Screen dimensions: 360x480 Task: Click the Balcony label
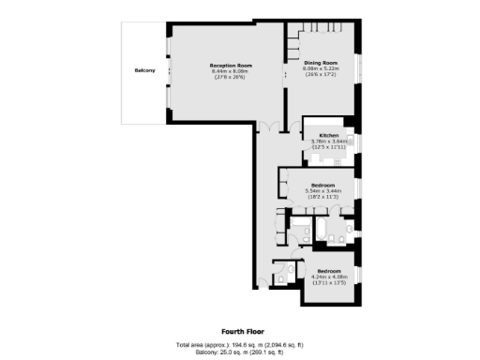[143, 71]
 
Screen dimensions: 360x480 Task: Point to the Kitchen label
[328, 136]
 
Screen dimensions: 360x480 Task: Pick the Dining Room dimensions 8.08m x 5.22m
[320, 69]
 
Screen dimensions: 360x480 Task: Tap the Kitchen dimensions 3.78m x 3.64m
[328, 142]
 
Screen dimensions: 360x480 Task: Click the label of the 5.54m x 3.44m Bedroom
[323, 185]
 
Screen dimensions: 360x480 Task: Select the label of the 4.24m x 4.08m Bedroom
[328, 271]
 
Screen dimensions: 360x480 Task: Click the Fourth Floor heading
[239, 331]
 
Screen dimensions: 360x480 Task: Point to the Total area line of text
[239, 345]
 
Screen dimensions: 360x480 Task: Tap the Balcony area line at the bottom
[239, 352]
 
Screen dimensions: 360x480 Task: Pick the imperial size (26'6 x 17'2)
[320, 75]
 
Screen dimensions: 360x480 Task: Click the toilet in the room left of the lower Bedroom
[282, 277]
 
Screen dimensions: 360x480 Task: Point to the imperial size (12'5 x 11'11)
[328, 147]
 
